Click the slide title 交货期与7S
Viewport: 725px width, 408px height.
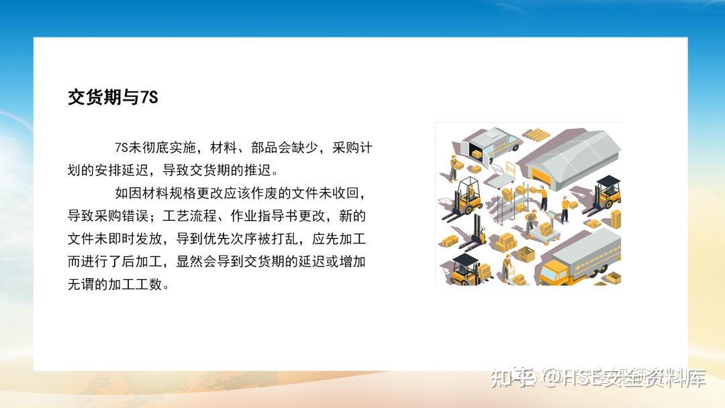[x=112, y=97]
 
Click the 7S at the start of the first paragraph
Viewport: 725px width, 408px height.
[x=122, y=148]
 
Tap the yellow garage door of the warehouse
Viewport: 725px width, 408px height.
[x=541, y=176]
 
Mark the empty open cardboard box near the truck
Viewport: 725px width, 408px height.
[x=526, y=254]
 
